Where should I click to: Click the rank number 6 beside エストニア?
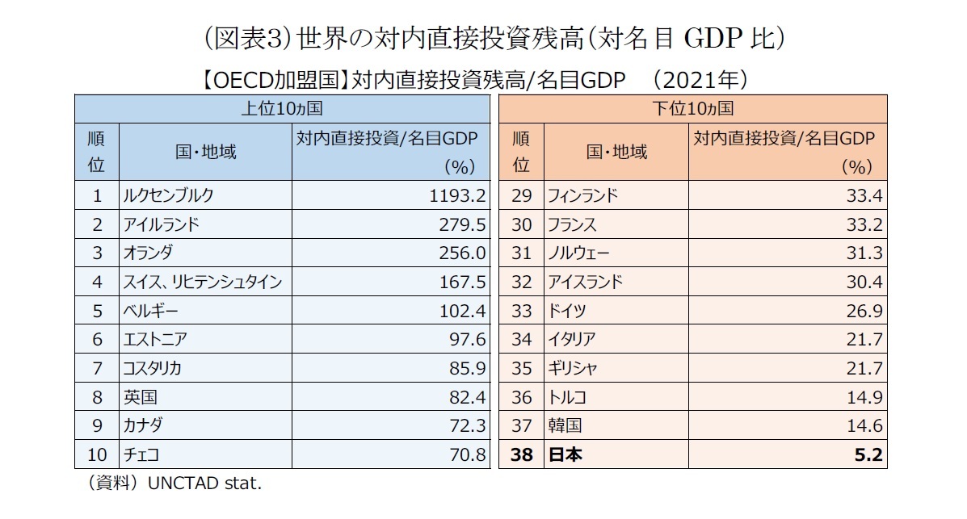(97, 340)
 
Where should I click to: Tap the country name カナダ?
(144, 426)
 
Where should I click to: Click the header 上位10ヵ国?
(282, 108)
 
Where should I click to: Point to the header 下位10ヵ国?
(692, 108)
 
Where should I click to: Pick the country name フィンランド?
(582, 195)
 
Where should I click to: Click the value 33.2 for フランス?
(867, 224)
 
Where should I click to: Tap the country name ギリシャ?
(572, 369)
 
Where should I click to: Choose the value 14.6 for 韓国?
(867, 426)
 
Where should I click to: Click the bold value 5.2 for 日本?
(872, 455)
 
